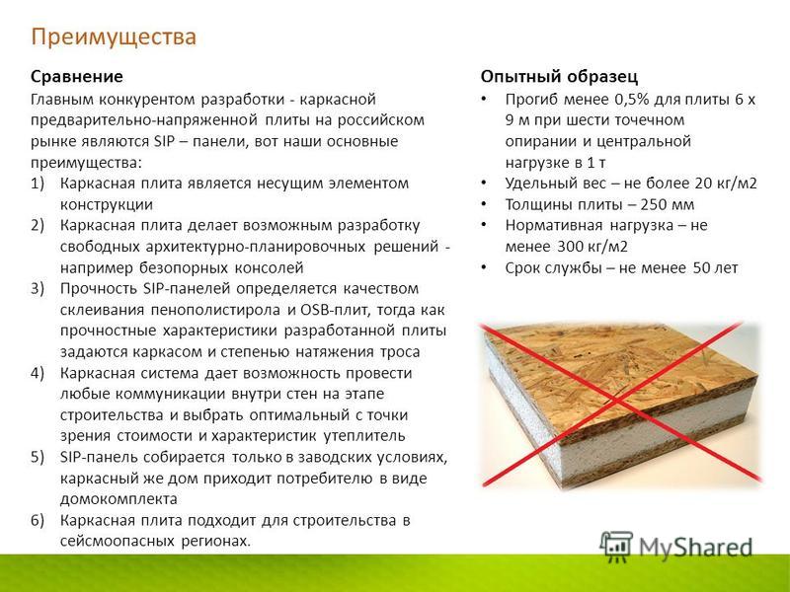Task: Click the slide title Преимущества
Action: pos(114,37)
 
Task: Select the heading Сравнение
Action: pos(77,77)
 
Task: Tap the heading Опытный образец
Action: pos(559,77)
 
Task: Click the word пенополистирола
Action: pos(215,310)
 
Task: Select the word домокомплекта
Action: pos(118,499)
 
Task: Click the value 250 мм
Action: pos(668,205)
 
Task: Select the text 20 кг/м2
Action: pos(726,184)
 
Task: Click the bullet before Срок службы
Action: pos(484,267)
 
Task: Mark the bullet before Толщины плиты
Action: pos(484,204)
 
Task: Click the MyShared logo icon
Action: pos(616,547)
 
